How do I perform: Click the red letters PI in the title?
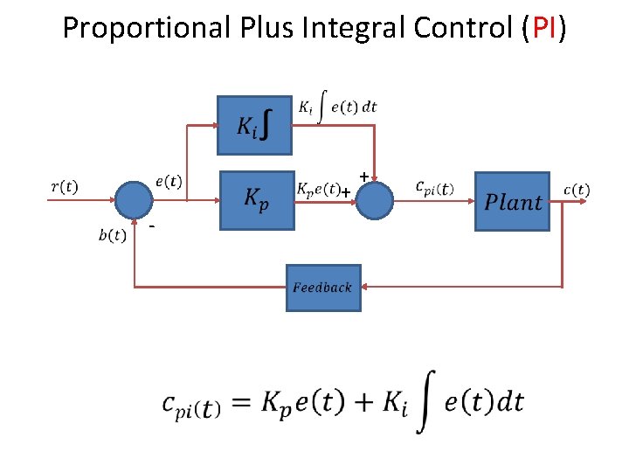pyautogui.click(x=544, y=29)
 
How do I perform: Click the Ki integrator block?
pyautogui.click(x=254, y=125)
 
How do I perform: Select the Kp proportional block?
pyautogui.click(x=255, y=200)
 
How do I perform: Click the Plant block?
pyautogui.click(x=512, y=201)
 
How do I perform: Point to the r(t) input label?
pyautogui.click(x=64, y=185)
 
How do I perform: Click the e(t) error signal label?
pyautogui.click(x=169, y=181)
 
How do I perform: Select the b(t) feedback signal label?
pyautogui.click(x=112, y=234)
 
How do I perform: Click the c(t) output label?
pyautogui.click(x=576, y=188)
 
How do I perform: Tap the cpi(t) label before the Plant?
pyautogui.click(x=434, y=188)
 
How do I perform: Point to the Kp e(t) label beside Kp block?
pyautogui.click(x=318, y=188)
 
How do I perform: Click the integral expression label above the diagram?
pyautogui.click(x=338, y=107)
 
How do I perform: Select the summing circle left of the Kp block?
pyautogui.click(x=135, y=200)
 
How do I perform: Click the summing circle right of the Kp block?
pyautogui.click(x=376, y=200)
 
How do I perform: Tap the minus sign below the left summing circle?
pyautogui.click(x=152, y=228)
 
